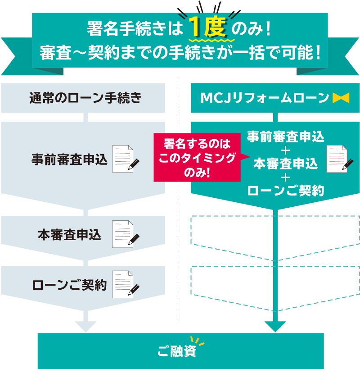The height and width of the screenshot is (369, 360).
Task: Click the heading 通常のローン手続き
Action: click(85, 97)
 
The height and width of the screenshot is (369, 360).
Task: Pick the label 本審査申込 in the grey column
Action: click(69, 234)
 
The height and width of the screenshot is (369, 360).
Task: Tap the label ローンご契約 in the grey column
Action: click(69, 285)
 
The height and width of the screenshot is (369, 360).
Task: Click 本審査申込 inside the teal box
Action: click(286, 164)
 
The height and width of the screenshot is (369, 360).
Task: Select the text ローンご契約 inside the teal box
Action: click(286, 191)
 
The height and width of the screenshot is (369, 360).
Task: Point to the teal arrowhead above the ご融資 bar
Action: click(276, 326)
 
